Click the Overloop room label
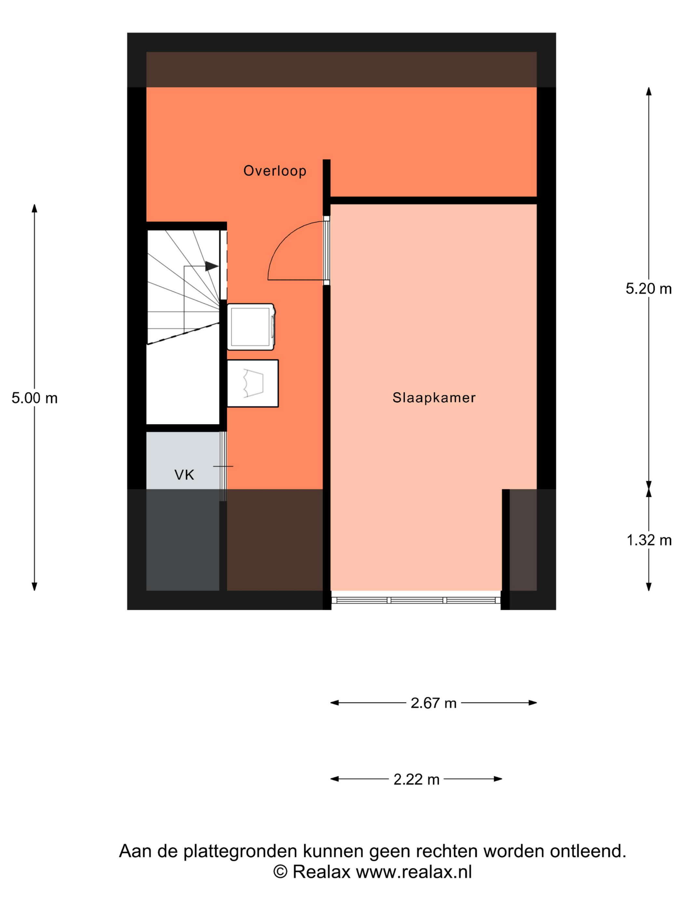point(275,171)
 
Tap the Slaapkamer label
point(434,398)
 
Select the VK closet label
point(184,475)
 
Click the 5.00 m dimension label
point(34,398)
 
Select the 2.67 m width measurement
point(434,703)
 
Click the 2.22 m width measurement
point(416,780)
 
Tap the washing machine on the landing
point(251,327)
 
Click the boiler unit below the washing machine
point(253,383)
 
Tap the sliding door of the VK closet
point(223,466)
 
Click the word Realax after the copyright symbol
point(321,872)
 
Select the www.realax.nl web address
point(414,872)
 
